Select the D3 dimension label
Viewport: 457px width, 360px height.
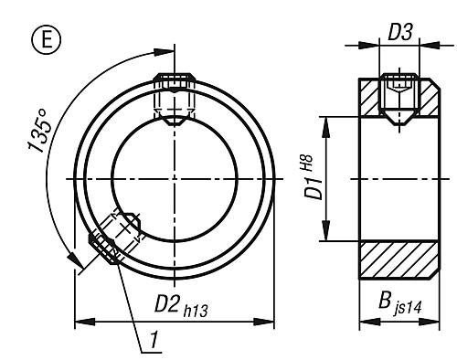[x=400, y=34]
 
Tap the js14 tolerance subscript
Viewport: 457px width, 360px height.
[x=404, y=310]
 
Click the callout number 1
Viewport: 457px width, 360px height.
[x=156, y=342]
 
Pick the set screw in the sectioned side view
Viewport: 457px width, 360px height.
[x=399, y=94]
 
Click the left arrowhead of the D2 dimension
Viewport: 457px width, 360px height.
[x=78, y=321]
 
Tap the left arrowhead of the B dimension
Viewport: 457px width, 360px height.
[x=359, y=321]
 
